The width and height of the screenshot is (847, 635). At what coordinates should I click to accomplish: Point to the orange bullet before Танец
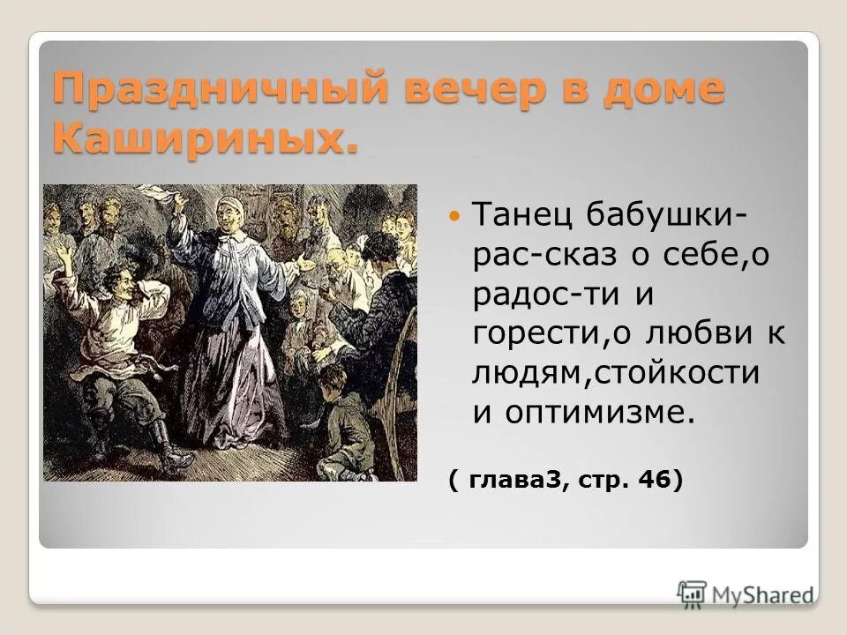pos(454,215)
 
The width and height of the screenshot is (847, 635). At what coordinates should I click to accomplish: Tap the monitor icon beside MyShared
pos(693,593)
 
